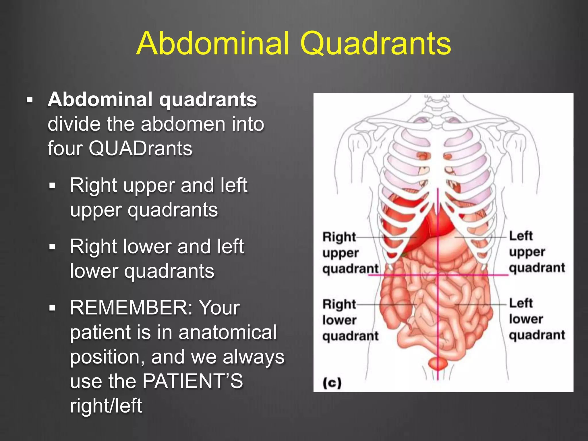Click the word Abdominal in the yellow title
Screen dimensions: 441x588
coord(213,44)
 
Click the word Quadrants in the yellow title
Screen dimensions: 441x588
coord(376,44)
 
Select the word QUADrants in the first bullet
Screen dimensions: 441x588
coord(140,149)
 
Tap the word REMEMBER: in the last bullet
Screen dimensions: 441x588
coord(131,308)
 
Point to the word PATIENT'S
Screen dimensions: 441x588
coord(193,381)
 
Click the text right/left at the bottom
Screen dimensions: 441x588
coord(106,406)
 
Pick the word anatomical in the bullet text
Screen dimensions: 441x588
coord(227,332)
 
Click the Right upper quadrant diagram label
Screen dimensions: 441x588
coord(350,253)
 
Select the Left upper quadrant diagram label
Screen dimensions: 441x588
coord(537,252)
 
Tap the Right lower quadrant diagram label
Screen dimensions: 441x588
coord(350,320)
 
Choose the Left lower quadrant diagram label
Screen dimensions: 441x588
coord(537,319)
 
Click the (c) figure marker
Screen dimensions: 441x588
coord(332,383)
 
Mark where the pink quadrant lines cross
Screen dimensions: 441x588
coord(438,275)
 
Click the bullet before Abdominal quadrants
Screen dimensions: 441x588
coord(30,100)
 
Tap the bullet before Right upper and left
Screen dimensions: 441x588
coord(52,186)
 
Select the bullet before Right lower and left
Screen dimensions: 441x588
coord(52,247)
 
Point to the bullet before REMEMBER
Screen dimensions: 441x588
coord(52,308)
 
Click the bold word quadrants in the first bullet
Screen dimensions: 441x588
coord(208,100)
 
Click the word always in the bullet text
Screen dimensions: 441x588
coord(254,357)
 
